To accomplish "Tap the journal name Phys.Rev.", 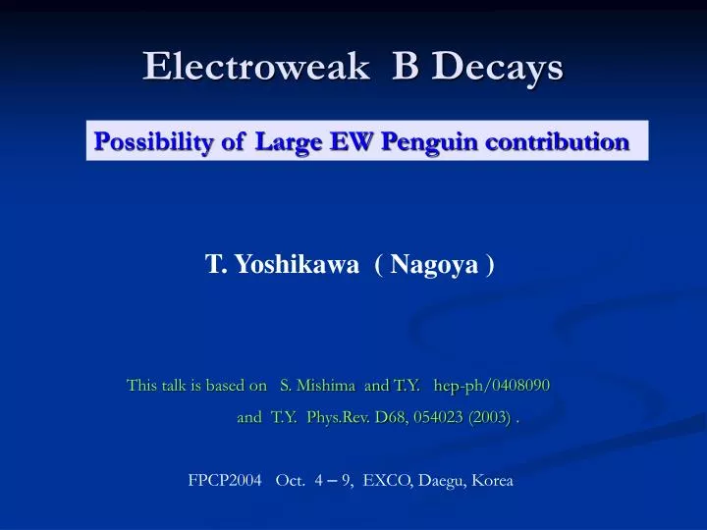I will (x=338, y=417).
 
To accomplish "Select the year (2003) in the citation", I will (x=489, y=417).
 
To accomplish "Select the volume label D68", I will (x=391, y=417).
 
